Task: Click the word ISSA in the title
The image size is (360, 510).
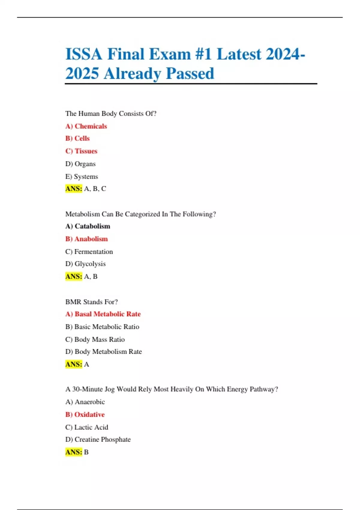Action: coord(84,54)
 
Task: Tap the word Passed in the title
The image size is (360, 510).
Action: coord(190,73)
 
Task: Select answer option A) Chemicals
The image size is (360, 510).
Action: coord(86,126)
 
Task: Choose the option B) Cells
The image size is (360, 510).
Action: coord(77,138)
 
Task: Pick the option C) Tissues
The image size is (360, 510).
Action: coord(81,151)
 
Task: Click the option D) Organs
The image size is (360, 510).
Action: coord(80,164)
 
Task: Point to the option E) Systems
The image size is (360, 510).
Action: coord(82,177)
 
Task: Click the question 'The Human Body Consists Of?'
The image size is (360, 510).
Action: coord(111,114)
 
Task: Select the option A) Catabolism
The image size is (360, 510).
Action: coord(88,226)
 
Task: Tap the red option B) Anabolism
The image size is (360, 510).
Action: coord(86,239)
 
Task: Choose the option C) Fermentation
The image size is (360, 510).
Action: coord(89,252)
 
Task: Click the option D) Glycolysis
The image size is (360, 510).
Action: coord(85,264)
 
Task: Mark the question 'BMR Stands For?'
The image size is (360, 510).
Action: coord(91,302)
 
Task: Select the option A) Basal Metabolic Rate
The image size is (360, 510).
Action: coord(103,314)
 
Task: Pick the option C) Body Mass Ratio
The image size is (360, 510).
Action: coord(95,340)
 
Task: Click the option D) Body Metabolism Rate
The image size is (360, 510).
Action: coord(103,352)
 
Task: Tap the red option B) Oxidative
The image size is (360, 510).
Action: coord(85,415)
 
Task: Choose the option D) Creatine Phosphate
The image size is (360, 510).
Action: coord(98,439)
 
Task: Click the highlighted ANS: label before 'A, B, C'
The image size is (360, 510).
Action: coord(73,189)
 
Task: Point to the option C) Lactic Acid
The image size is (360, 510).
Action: coord(87,427)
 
